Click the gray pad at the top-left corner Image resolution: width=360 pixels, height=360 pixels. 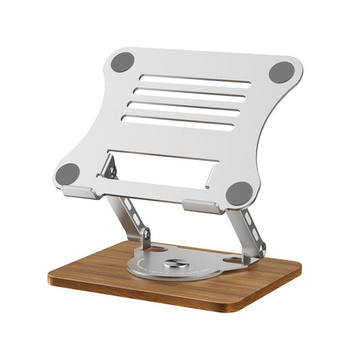pyautogui.click(x=122, y=63)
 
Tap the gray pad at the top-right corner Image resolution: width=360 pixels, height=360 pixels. pyautogui.click(x=282, y=72)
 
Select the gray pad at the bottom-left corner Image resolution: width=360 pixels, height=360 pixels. pyautogui.click(x=68, y=175)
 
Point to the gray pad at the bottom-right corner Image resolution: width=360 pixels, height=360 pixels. pyautogui.click(x=238, y=193)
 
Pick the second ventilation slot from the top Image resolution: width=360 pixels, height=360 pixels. pyautogui.click(x=189, y=93)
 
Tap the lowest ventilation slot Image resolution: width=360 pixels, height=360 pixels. pyautogui.click(x=177, y=122)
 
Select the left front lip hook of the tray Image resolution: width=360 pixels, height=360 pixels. pyautogui.click(x=80, y=192)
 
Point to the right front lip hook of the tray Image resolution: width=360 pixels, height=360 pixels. pyautogui.click(x=201, y=207)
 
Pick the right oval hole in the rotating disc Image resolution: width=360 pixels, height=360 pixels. pyautogui.click(x=233, y=259)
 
